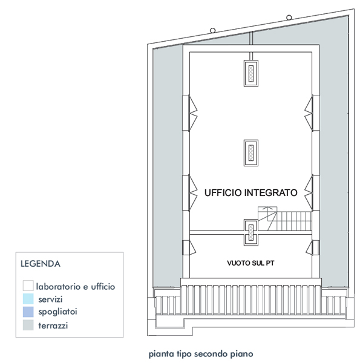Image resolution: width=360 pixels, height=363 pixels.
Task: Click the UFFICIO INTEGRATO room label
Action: pos(250,192)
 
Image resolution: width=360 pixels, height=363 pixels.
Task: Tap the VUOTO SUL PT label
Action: pos(250,263)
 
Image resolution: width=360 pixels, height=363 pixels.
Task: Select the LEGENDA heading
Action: pos(41,264)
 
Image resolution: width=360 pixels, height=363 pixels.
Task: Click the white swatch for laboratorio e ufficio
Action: pos(28,286)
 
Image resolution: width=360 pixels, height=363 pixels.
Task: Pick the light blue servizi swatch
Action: pos(28,299)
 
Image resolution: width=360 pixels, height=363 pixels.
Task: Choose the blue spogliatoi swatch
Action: pos(28,312)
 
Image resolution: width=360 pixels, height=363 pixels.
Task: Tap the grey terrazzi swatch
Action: pos(28,325)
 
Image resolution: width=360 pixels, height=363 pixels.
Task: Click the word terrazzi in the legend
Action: pos(53,325)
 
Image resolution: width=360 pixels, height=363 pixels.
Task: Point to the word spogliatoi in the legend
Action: pos(57,312)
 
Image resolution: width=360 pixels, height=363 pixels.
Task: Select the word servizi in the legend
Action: pos(50,299)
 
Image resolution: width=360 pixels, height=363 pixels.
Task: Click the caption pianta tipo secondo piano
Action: pos(201,354)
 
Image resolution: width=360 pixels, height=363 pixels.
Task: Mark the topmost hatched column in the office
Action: pos(251,73)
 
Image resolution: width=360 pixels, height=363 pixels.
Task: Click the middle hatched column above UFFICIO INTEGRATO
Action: pos(251,153)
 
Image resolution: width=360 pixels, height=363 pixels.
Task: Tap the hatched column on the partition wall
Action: pos(251,232)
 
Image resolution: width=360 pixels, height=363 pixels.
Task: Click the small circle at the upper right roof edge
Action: pos(289,18)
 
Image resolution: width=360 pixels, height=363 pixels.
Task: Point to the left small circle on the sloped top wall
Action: pos(213,30)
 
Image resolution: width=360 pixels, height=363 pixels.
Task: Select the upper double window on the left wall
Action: pos(190,113)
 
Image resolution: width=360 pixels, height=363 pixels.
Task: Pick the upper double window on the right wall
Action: pos(312,113)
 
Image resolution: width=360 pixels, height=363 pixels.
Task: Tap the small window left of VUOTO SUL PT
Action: pos(189,247)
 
